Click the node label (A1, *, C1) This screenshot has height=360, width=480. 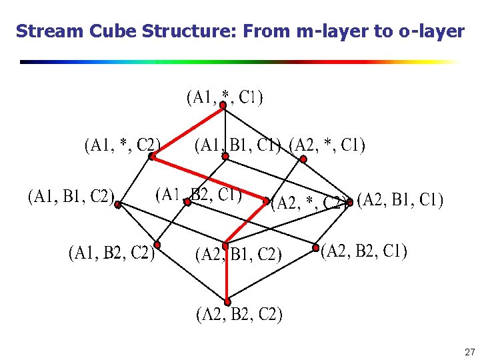pos(224,97)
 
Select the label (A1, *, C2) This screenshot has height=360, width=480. pos(122,145)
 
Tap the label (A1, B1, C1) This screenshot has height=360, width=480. pos(237,145)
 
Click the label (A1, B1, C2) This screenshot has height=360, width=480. pos(71,196)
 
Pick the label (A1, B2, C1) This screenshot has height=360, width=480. pos(198,194)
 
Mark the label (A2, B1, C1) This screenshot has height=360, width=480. pos(400,200)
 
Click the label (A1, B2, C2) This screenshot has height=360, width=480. pos(111,253)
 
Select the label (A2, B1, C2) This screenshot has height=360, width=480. pos(237,254)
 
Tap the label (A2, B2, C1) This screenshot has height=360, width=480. pos(364,251)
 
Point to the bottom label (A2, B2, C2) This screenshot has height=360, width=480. pos(239,315)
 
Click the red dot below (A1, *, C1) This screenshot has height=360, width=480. pos(224,105)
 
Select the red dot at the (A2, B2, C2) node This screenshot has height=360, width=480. pos(227,302)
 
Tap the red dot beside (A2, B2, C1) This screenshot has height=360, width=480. pos(316,248)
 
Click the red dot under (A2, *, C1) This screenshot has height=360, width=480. pos(303,159)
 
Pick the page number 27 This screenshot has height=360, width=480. pos(469,351)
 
